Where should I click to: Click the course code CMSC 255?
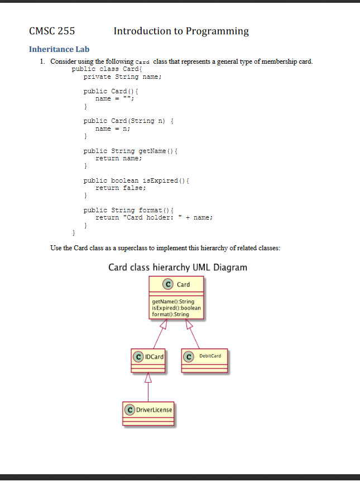51,31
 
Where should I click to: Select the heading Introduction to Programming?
181,31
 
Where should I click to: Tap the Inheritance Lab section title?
59,49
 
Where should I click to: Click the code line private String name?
122,77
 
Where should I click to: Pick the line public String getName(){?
130,151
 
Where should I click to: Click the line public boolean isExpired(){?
137,180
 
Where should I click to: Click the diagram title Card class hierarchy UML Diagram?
177,267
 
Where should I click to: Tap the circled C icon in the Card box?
167,284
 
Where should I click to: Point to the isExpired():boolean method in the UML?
176,308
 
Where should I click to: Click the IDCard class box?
148,361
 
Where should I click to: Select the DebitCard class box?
204,361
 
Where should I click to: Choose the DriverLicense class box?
148,414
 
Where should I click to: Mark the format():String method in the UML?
170,314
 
